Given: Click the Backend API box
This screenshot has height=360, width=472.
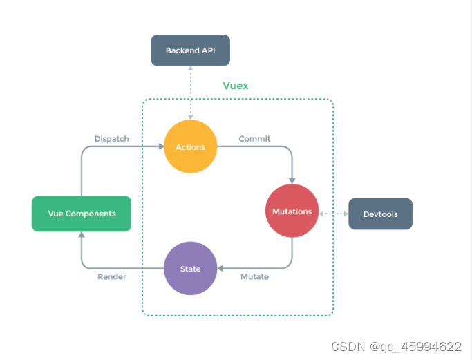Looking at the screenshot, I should [x=190, y=50].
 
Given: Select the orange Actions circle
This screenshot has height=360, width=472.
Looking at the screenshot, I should [x=191, y=146].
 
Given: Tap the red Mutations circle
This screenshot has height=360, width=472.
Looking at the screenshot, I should [x=292, y=211].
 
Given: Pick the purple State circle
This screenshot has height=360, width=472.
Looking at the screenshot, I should [x=190, y=268].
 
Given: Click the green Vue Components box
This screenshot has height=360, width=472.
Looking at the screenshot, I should [x=82, y=214].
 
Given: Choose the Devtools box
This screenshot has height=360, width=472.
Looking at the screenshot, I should [x=380, y=214].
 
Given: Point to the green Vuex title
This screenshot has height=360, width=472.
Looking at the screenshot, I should [x=236, y=86].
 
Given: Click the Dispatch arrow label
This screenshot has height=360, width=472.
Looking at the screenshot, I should [x=112, y=139].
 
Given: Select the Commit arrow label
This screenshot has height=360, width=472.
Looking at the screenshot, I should [x=254, y=139].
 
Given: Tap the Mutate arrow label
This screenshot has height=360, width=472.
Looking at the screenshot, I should [x=254, y=277].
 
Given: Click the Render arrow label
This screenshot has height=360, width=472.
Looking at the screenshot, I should [x=111, y=277].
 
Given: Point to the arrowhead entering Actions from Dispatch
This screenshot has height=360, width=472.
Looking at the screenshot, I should [x=161, y=146].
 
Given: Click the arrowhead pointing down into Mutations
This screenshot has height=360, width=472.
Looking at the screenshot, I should [x=292, y=182].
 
